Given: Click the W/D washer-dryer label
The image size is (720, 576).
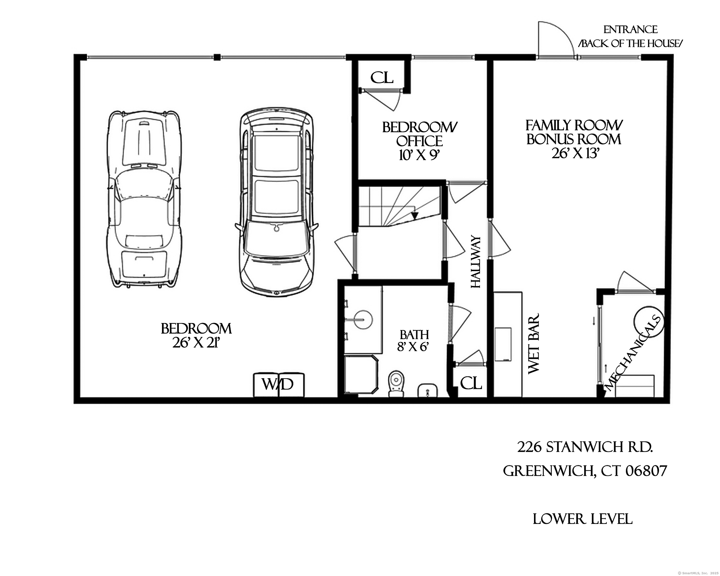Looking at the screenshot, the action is click(277, 384).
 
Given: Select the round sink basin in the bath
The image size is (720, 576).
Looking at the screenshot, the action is click(363, 319).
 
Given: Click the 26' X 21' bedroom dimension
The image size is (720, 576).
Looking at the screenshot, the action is click(196, 342).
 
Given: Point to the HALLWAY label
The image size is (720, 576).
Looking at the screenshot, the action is click(475, 262).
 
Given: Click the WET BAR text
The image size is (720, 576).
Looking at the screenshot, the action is click(534, 343).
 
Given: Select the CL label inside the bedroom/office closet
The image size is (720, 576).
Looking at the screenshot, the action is click(382, 78).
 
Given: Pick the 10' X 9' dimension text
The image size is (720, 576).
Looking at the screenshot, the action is click(418, 155).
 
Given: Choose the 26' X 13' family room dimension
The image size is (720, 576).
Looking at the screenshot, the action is click(574, 153).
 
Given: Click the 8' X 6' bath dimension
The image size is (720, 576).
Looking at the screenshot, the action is click(413, 347).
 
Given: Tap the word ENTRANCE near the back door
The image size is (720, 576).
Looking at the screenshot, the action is click(630, 30).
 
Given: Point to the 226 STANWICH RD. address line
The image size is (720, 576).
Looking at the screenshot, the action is click(585, 447).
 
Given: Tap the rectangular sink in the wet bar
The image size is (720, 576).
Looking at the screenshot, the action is click(503, 344).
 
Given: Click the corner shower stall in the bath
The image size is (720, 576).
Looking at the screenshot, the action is click(361, 375).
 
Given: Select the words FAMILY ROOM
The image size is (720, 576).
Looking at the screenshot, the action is click(574, 126).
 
